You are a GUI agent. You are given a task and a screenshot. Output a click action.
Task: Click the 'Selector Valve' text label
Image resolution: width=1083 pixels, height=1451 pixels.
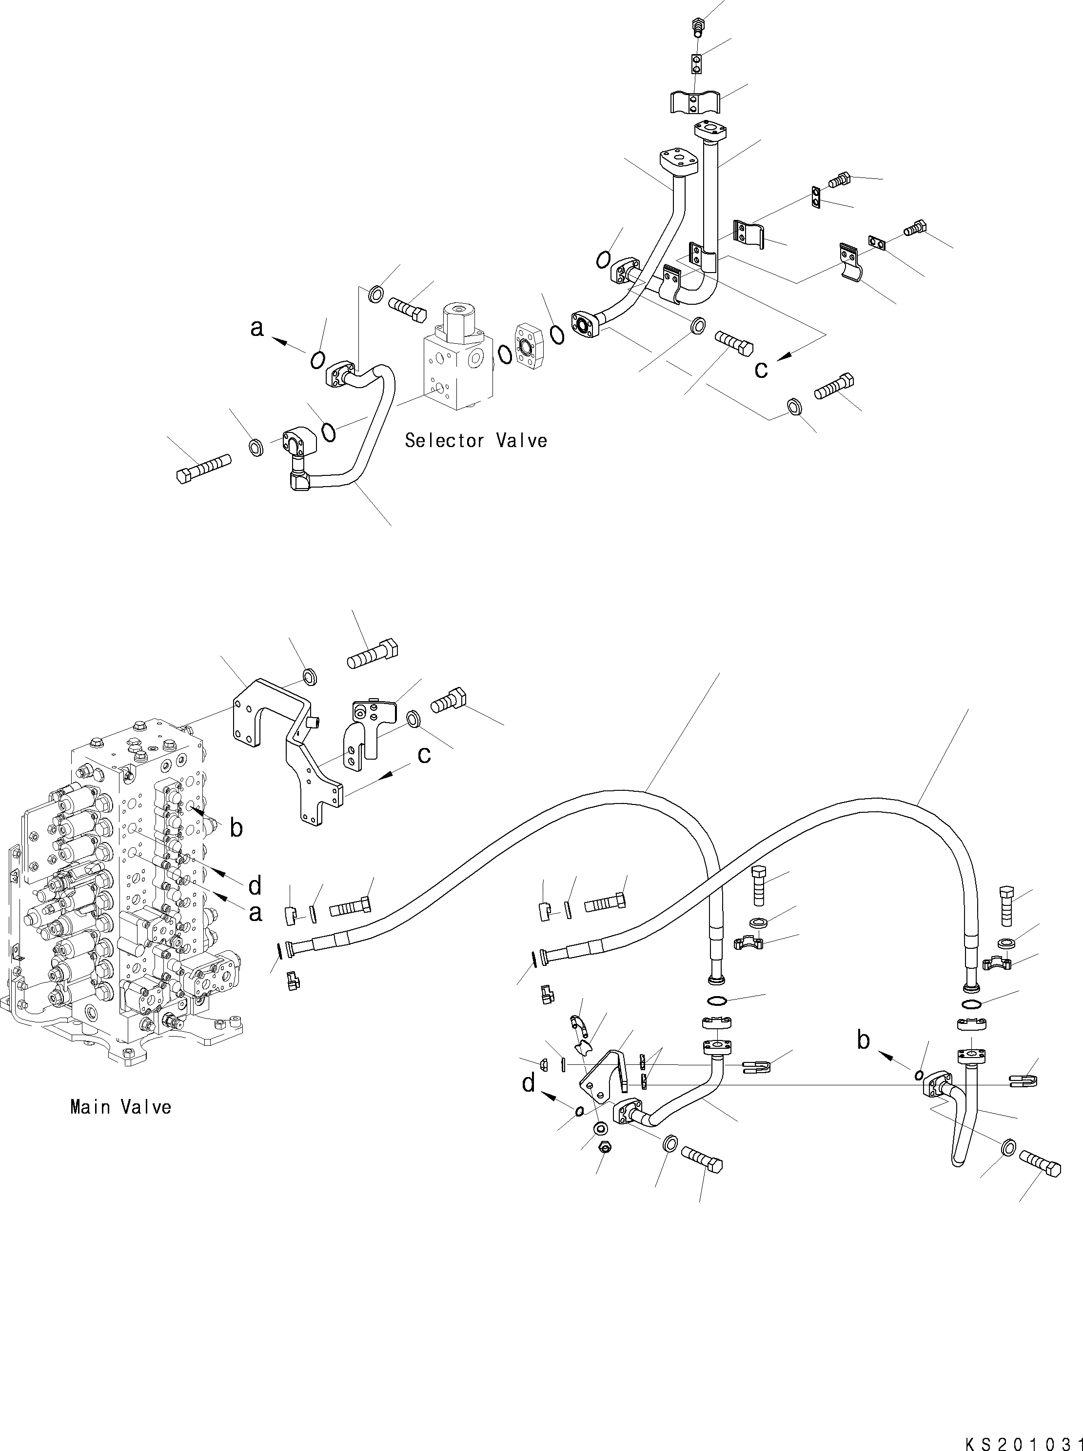click(475, 440)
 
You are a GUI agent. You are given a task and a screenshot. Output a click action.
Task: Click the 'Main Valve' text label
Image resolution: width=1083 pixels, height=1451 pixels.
click(120, 1107)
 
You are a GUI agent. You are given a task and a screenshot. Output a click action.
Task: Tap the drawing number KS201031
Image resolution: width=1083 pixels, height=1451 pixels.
click(1023, 1439)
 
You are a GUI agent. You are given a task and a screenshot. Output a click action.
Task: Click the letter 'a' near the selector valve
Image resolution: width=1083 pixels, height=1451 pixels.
click(257, 328)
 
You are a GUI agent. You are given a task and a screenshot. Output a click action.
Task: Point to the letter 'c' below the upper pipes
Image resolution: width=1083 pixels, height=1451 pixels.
click(761, 370)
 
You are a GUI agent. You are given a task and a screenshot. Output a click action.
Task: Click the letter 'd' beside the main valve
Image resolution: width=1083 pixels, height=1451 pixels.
click(255, 886)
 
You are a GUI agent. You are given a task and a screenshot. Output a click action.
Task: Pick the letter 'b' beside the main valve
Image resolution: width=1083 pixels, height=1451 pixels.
click(236, 828)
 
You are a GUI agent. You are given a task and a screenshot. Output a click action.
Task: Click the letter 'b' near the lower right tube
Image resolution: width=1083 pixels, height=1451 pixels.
click(864, 1040)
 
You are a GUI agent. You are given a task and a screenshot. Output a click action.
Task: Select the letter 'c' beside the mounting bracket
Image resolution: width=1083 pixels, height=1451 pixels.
click(424, 755)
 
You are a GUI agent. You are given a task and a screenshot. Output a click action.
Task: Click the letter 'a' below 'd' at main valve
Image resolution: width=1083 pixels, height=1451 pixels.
click(255, 912)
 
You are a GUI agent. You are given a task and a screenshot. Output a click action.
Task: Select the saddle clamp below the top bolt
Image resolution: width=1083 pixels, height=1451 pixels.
click(695, 101)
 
